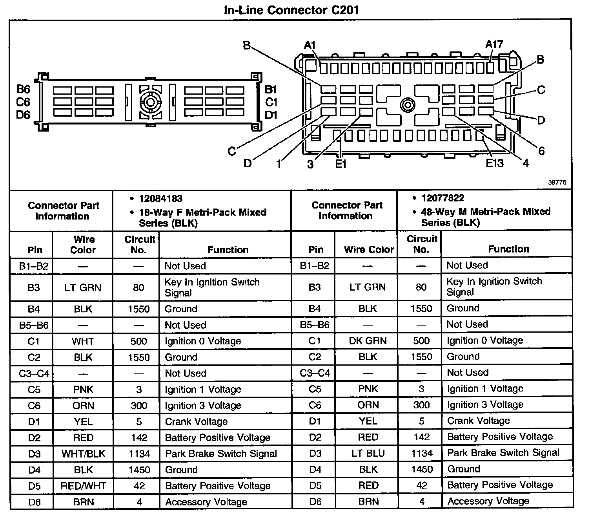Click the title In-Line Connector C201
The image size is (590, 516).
click(291, 10)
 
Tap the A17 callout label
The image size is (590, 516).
click(494, 44)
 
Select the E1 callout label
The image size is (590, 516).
click(341, 163)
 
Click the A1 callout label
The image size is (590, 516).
click(310, 46)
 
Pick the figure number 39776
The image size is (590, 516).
click(557, 183)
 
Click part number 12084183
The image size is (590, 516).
click(160, 199)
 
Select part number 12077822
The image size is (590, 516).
click(443, 198)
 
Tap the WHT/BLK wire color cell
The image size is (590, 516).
click(83, 454)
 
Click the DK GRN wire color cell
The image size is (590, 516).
click(368, 341)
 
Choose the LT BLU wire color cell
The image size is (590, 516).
click(368, 453)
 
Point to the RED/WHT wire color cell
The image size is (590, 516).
click(83, 486)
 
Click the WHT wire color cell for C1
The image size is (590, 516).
click(83, 341)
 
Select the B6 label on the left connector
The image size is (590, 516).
click(23, 90)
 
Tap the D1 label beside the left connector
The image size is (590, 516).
click(271, 115)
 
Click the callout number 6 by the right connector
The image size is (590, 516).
click(541, 151)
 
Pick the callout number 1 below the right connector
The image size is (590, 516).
click(279, 163)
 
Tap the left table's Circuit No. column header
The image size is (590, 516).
click(139, 245)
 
